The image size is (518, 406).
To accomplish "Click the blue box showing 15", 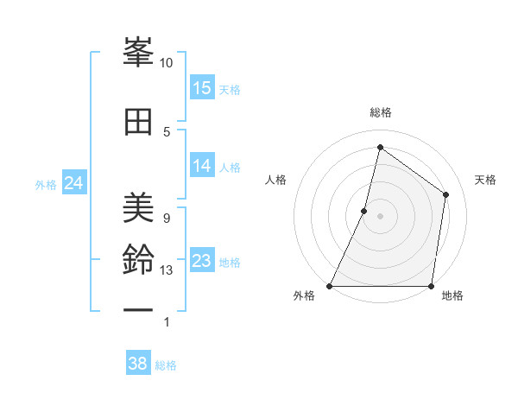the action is tap(202, 88).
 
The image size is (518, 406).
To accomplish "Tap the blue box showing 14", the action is tap(202, 166).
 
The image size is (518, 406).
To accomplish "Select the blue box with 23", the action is tap(202, 261).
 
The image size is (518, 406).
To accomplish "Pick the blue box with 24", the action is tap(74, 183).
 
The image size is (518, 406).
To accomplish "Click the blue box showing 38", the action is tap(138, 364).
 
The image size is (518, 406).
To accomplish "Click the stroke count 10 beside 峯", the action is tap(167, 63).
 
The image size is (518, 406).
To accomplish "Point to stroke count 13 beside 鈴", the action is tap(167, 270).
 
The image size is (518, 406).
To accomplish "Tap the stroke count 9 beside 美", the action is tap(167, 218).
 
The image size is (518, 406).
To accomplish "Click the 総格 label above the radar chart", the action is tap(380, 112).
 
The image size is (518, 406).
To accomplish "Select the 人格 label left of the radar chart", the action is tap(276, 180).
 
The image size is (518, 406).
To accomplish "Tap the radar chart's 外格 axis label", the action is tap(304, 296).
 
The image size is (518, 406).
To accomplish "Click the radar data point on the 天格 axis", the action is tap(446, 194).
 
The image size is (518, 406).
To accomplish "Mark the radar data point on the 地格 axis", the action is tap(432, 286).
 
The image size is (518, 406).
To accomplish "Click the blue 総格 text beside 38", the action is tap(167, 365).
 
